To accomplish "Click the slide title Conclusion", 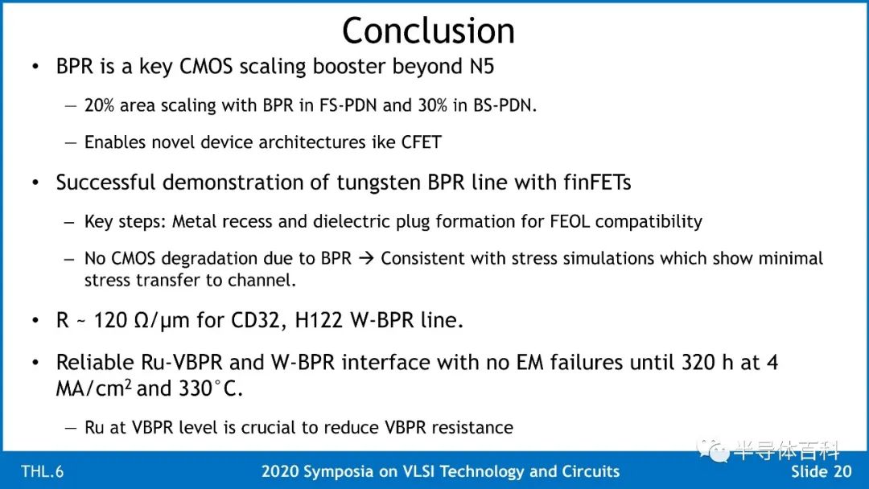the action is (x=428, y=31).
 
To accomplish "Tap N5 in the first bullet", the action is (x=482, y=67).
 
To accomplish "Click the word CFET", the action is (x=421, y=142).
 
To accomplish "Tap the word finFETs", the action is (x=597, y=183).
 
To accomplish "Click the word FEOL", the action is (x=570, y=221).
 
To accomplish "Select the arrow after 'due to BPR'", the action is (x=366, y=258).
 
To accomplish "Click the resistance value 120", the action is (x=110, y=320).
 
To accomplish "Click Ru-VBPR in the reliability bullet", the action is (x=182, y=362).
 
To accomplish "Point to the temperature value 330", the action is (x=196, y=388).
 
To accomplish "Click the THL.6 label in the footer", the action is (x=42, y=471).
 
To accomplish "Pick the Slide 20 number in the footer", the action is (x=821, y=471).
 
